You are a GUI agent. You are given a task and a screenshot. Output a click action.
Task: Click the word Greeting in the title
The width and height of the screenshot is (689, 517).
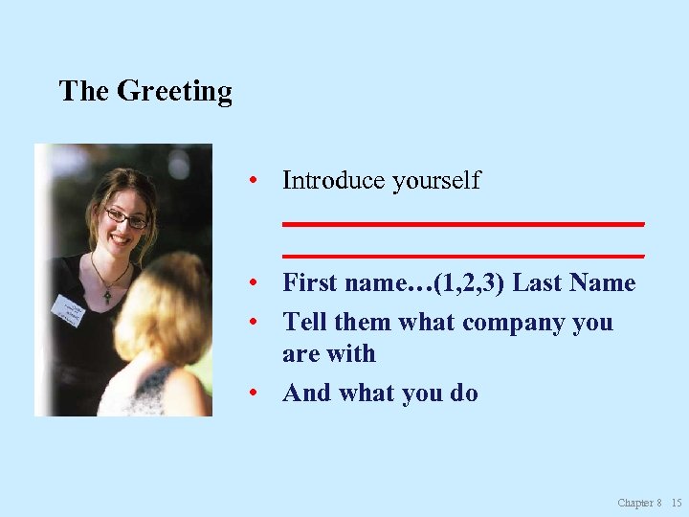click(174, 92)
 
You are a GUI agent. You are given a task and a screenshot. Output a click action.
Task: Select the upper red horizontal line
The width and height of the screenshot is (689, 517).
click(463, 223)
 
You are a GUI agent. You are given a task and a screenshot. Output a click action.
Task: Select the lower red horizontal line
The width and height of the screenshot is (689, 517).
click(463, 256)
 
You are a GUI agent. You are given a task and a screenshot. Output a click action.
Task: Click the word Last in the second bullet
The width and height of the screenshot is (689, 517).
click(538, 282)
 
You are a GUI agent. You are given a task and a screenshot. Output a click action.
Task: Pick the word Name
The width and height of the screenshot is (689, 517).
click(602, 282)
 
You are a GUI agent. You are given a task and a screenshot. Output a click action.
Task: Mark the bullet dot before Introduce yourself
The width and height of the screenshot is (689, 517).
click(251, 181)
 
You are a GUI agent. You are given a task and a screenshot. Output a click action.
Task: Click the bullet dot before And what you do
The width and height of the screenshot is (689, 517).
click(251, 393)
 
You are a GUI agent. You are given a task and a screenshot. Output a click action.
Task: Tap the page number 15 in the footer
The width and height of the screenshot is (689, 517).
click(677, 503)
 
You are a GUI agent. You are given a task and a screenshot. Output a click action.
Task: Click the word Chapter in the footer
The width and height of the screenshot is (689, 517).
click(634, 503)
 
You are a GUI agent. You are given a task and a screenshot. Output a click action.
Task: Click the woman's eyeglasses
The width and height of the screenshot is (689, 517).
click(126, 217)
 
